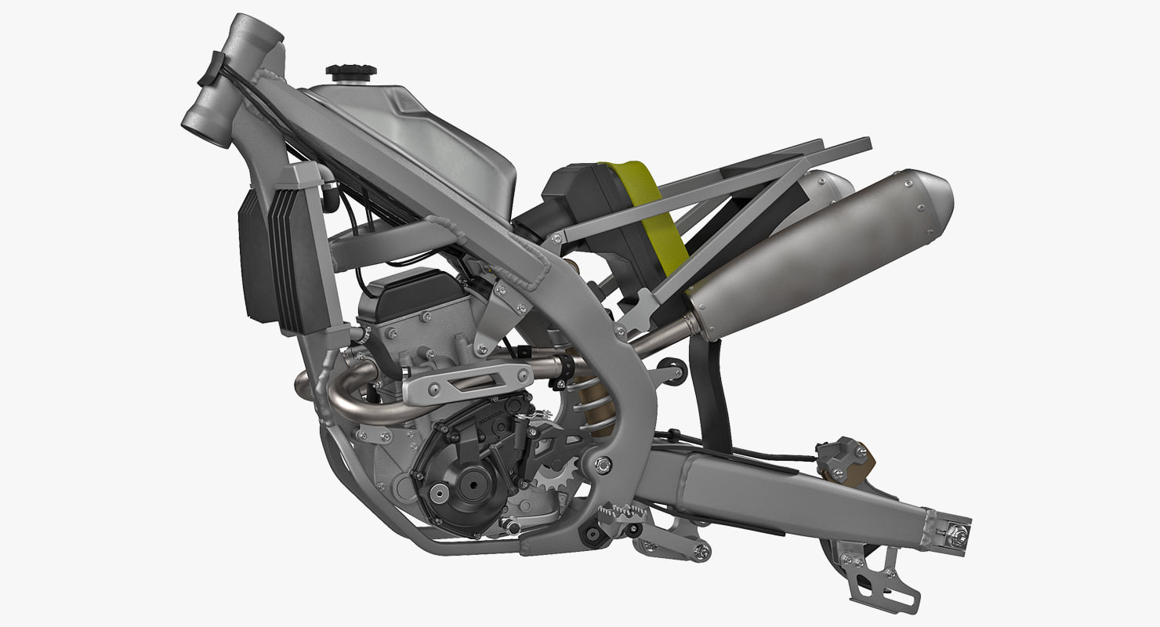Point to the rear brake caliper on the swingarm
[x=843, y=462]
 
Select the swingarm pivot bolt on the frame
[x=602, y=463]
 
